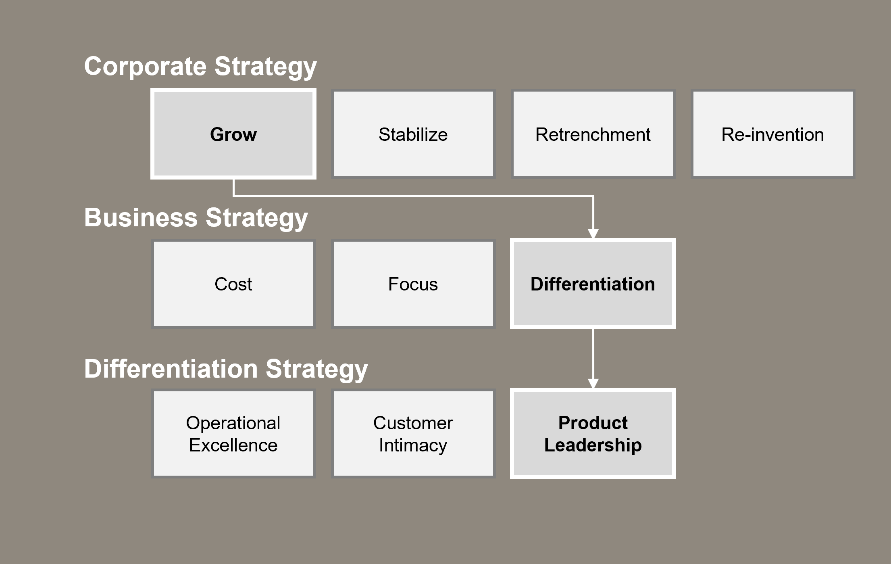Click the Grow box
coord(233,134)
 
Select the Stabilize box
coord(413,134)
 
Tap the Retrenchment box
coord(593,134)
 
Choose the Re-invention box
coord(772,134)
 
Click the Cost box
coord(233,284)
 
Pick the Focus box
coord(413,284)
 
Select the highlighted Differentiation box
coord(593,284)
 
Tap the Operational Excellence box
coord(233,434)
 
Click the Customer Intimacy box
coord(413,434)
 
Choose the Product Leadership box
coord(593,434)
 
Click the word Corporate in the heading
coord(145,66)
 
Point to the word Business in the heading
coord(141,218)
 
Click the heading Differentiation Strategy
coord(226,369)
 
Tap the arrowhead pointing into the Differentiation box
coord(593,233)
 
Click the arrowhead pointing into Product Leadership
coord(593,383)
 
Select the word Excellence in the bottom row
coord(233,445)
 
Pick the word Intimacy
coord(413,445)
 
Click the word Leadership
coord(593,445)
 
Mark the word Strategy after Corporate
coord(265,67)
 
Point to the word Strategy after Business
coord(256,218)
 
